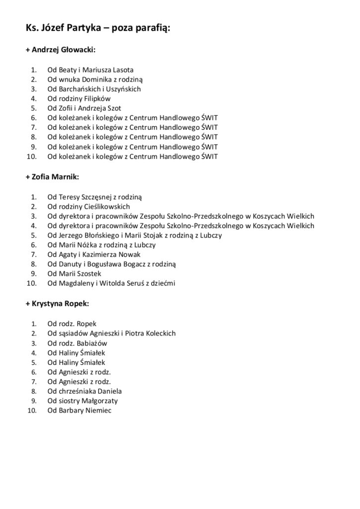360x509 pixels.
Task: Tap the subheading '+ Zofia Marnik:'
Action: pyautogui.click(x=52, y=176)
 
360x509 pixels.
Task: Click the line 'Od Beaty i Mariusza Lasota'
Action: pyautogui.click(x=90, y=70)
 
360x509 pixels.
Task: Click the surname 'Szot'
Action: pyautogui.click(x=114, y=108)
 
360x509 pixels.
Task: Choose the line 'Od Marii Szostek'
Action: pyautogui.click(x=74, y=273)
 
